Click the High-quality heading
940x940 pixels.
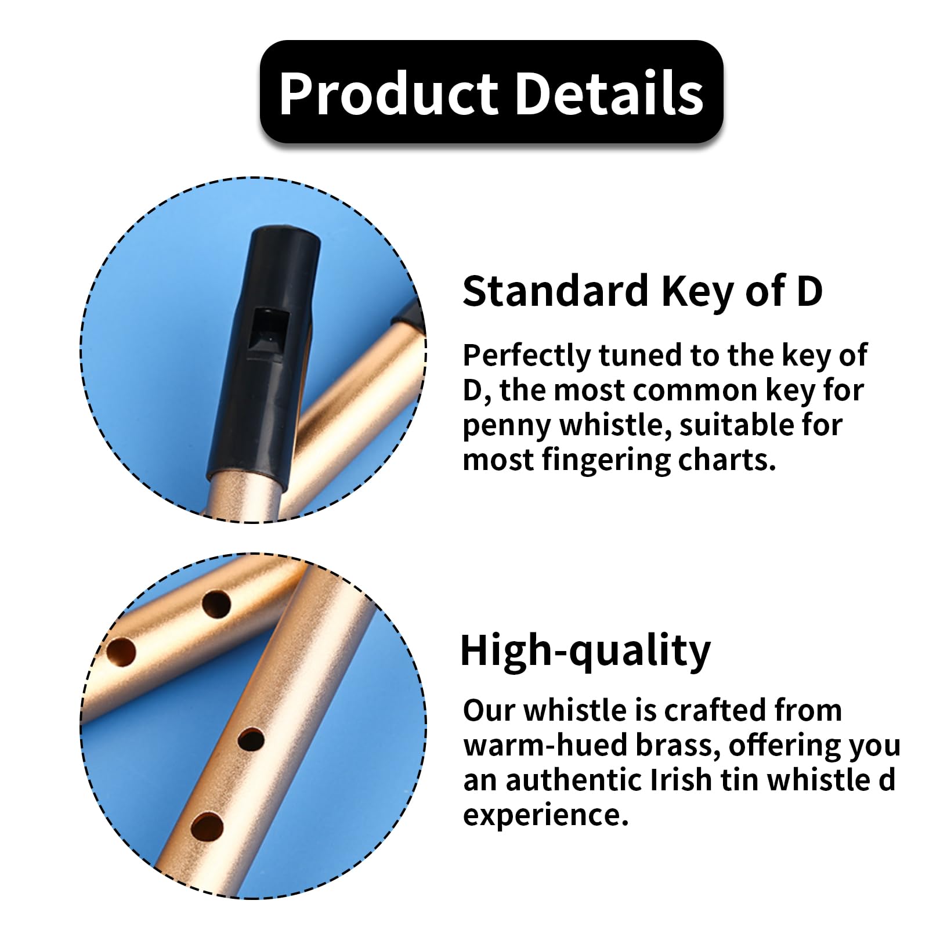585,652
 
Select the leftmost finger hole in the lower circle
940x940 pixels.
121,652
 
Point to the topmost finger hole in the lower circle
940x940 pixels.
216,604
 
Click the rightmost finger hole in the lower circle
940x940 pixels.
251,739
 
